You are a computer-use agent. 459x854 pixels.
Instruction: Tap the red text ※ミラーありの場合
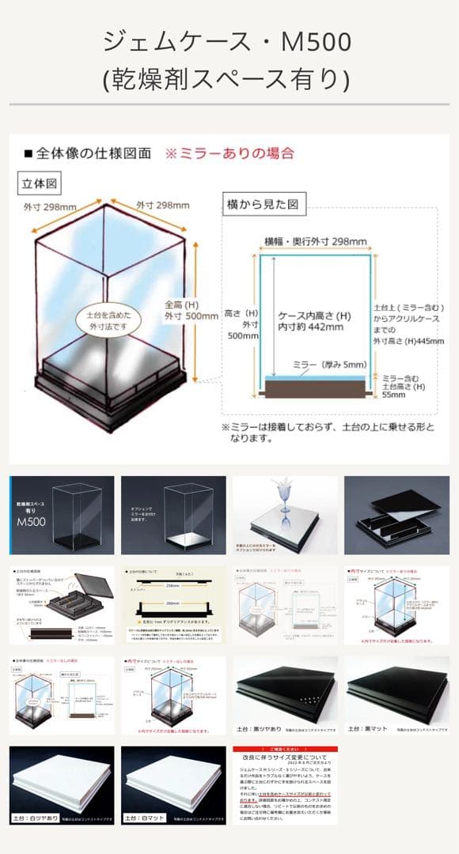coord(229,153)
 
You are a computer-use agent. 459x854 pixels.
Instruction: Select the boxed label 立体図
coord(40,183)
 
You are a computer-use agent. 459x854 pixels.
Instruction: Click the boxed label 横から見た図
coord(261,204)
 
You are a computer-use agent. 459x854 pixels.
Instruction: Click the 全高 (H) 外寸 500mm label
coord(191,309)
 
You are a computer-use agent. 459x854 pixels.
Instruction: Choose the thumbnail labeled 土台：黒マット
coord(396,695)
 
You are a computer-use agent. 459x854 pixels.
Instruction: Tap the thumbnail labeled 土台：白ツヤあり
coord(62,784)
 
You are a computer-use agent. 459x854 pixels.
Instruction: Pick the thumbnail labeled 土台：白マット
coord(173,784)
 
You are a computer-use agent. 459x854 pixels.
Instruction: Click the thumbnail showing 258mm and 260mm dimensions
coord(173,605)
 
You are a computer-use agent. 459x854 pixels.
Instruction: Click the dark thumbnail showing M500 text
coord(62,515)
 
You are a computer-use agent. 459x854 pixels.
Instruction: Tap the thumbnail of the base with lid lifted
coord(396,515)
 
